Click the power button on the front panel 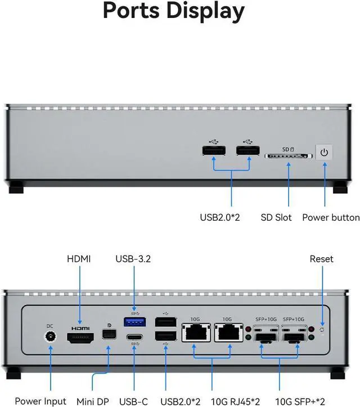coord(324,152)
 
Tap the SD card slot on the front coord(289,156)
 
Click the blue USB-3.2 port coord(134,321)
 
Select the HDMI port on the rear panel coord(80,338)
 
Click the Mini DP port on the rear coord(109,334)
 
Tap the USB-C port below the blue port coord(134,338)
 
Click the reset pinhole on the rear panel coord(322,330)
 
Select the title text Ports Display coord(174,11)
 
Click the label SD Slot coord(276,217)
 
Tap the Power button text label coord(331,217)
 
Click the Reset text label coord(321,259)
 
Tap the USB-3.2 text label coord(133,259)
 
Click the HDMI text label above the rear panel coord(79,259)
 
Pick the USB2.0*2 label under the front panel coord(220,217)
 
